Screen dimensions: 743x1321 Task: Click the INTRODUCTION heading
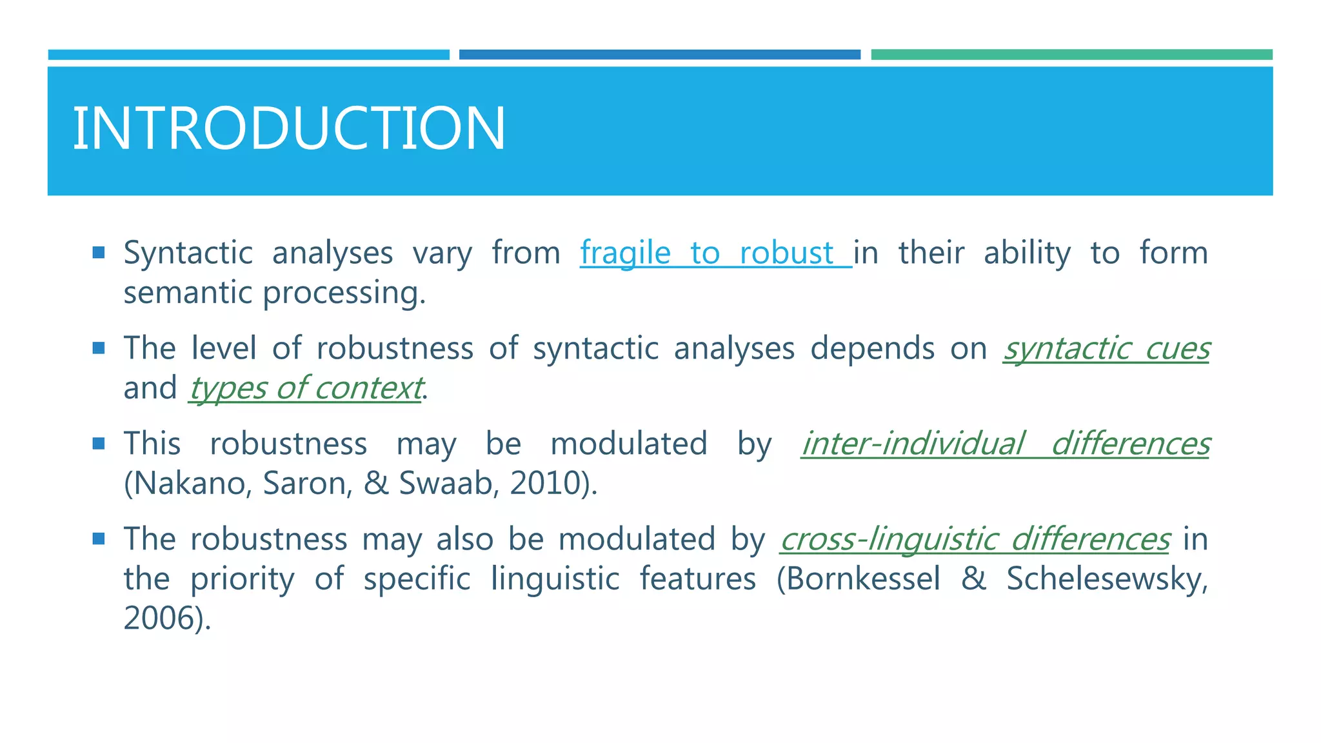[x=288, y=128]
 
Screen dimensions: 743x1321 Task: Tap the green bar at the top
[x=1071, y=55]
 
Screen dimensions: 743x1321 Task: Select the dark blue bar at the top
[x=659, y=55]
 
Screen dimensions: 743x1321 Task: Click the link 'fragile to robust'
[x=715, y=253]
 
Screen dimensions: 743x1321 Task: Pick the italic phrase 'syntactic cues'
[x=1106, y=349]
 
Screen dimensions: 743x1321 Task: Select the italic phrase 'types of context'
[x=306, y=388]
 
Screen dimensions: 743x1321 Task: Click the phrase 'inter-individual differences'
[x=1005, y=444]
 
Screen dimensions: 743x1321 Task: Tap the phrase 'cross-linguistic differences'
[x=974, y=539]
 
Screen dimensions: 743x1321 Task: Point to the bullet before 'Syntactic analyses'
[x=98, y=252]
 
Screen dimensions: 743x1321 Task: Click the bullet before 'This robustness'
[x=98, y=443]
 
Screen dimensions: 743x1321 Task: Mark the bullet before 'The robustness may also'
[x=98, y=539]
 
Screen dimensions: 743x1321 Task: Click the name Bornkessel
[x=863, y=579]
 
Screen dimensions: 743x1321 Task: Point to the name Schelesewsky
[x=1106, y=579]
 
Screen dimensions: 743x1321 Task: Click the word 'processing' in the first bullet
[x=344, y=293]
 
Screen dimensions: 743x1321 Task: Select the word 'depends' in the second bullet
[x=872, y=349]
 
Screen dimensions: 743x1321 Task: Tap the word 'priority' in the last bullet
[x=242, y=579]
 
